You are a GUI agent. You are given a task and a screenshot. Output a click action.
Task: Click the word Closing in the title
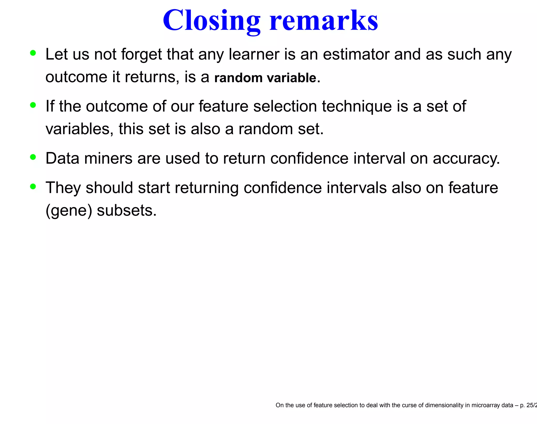point(211,21)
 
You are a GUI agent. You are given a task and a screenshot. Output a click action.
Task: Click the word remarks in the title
point(324,21)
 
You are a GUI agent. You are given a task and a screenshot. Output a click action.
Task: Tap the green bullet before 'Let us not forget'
point(33,53)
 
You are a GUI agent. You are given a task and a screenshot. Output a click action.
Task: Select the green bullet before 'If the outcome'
point(33,105)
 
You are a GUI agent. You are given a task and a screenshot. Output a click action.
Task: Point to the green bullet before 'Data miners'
point(33,157)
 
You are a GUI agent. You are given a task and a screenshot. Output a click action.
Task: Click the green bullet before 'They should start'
point(33,187)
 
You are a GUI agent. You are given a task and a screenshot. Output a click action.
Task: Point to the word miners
point(108,159)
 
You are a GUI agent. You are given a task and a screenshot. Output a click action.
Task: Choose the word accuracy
point(466,159)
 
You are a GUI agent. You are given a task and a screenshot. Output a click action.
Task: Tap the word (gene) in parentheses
point(69,211)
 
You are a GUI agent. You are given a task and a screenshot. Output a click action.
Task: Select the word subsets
point(127,211)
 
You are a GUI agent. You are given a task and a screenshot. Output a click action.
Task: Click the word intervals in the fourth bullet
point(357,188)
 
